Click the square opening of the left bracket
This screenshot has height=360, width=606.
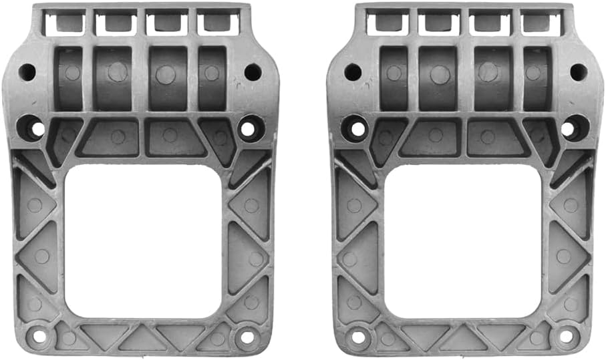pos(143,240)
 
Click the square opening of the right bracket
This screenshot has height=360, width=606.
pos(462,240)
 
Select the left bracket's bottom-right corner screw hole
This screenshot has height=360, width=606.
pos(247,337)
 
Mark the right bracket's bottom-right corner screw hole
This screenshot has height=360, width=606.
pos(567,337)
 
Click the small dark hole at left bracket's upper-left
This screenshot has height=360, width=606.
pos(27,71)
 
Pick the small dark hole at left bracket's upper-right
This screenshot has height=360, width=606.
pos(253,71)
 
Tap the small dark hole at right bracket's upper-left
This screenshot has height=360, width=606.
pos(352,71)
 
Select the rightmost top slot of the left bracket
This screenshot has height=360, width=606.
pos(218,23)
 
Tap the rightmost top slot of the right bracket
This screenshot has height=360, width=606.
pos(541,23)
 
